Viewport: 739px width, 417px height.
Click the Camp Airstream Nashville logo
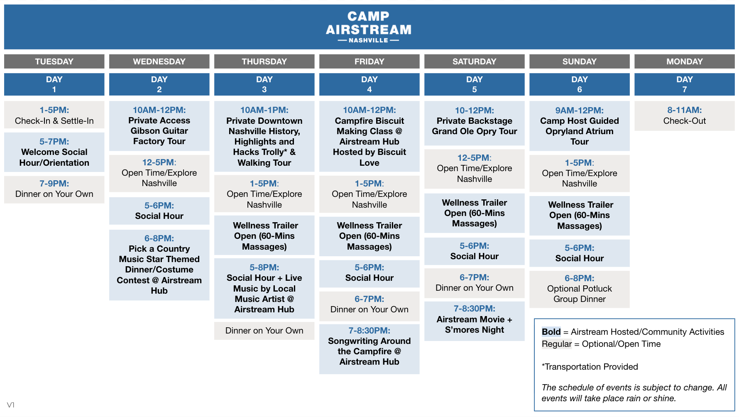click(x=369, y=27)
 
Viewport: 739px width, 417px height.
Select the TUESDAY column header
click(x=54, y=61)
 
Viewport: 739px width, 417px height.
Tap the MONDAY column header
click(x=684, y=61)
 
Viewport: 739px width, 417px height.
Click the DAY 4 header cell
click(x=369, y=84)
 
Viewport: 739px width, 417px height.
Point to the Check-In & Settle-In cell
click(x=54, y=115)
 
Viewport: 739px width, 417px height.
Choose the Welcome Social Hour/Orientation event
click(x=54, y=152)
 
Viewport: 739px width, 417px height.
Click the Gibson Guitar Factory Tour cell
click(x=159, y=126)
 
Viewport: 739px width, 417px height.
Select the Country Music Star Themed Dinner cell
click(x=159, y=265)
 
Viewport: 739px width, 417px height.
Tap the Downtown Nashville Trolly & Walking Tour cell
click(x=264, y=136)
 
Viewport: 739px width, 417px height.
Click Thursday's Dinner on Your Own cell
click(x=264, y=331)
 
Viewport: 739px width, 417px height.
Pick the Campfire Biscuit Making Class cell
click(x=369, y=136)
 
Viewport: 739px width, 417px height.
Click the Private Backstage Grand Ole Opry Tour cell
click(x=474, y=123)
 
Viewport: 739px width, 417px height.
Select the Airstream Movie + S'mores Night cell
click(x=474, y=321)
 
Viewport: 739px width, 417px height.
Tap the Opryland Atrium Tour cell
click(x=579, y=126)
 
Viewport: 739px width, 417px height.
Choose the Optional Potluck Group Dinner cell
click(x=579, y=289)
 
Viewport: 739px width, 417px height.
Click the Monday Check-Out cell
click(x=684, y=115)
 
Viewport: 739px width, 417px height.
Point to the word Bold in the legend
click(x=551, y=332)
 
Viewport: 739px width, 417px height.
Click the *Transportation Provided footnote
click(x=590, y=367)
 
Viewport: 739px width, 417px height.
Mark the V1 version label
click(x=11, y=405)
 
